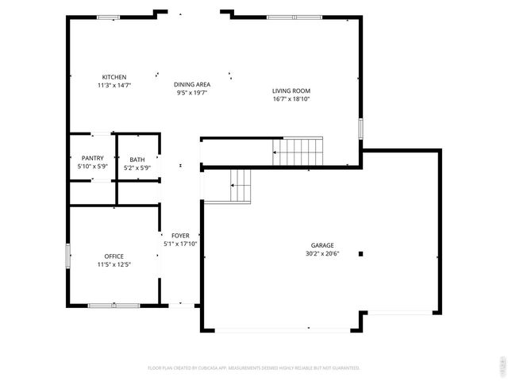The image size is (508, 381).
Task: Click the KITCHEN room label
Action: click(114, 77)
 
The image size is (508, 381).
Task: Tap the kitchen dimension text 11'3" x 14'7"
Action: click(114, 85)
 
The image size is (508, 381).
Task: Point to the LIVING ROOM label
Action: click(291, 91)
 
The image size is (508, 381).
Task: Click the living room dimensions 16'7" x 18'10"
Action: click(291, 99)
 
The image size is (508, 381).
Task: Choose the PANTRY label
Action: click(92, 159)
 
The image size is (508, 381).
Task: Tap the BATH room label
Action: click(137, 160)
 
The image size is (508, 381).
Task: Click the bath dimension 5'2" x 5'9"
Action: click(137, 168)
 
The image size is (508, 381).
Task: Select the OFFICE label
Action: click(114, 256)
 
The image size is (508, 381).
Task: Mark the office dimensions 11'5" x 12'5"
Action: click(114, 264)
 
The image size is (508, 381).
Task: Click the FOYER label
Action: click(180, 236)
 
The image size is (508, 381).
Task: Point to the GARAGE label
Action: click(322, 245)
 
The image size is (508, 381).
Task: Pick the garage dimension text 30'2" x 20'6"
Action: click(322, 254)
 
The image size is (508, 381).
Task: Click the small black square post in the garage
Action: click(360, 254)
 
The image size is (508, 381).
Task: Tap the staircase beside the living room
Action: click(298, 151)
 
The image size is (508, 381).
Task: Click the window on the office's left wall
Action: click(67, 256)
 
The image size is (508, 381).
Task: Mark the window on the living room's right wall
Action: click(360, 128)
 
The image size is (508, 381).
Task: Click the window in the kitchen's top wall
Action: click(108, 17)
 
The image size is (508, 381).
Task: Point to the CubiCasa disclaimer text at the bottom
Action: click(254, 368)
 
